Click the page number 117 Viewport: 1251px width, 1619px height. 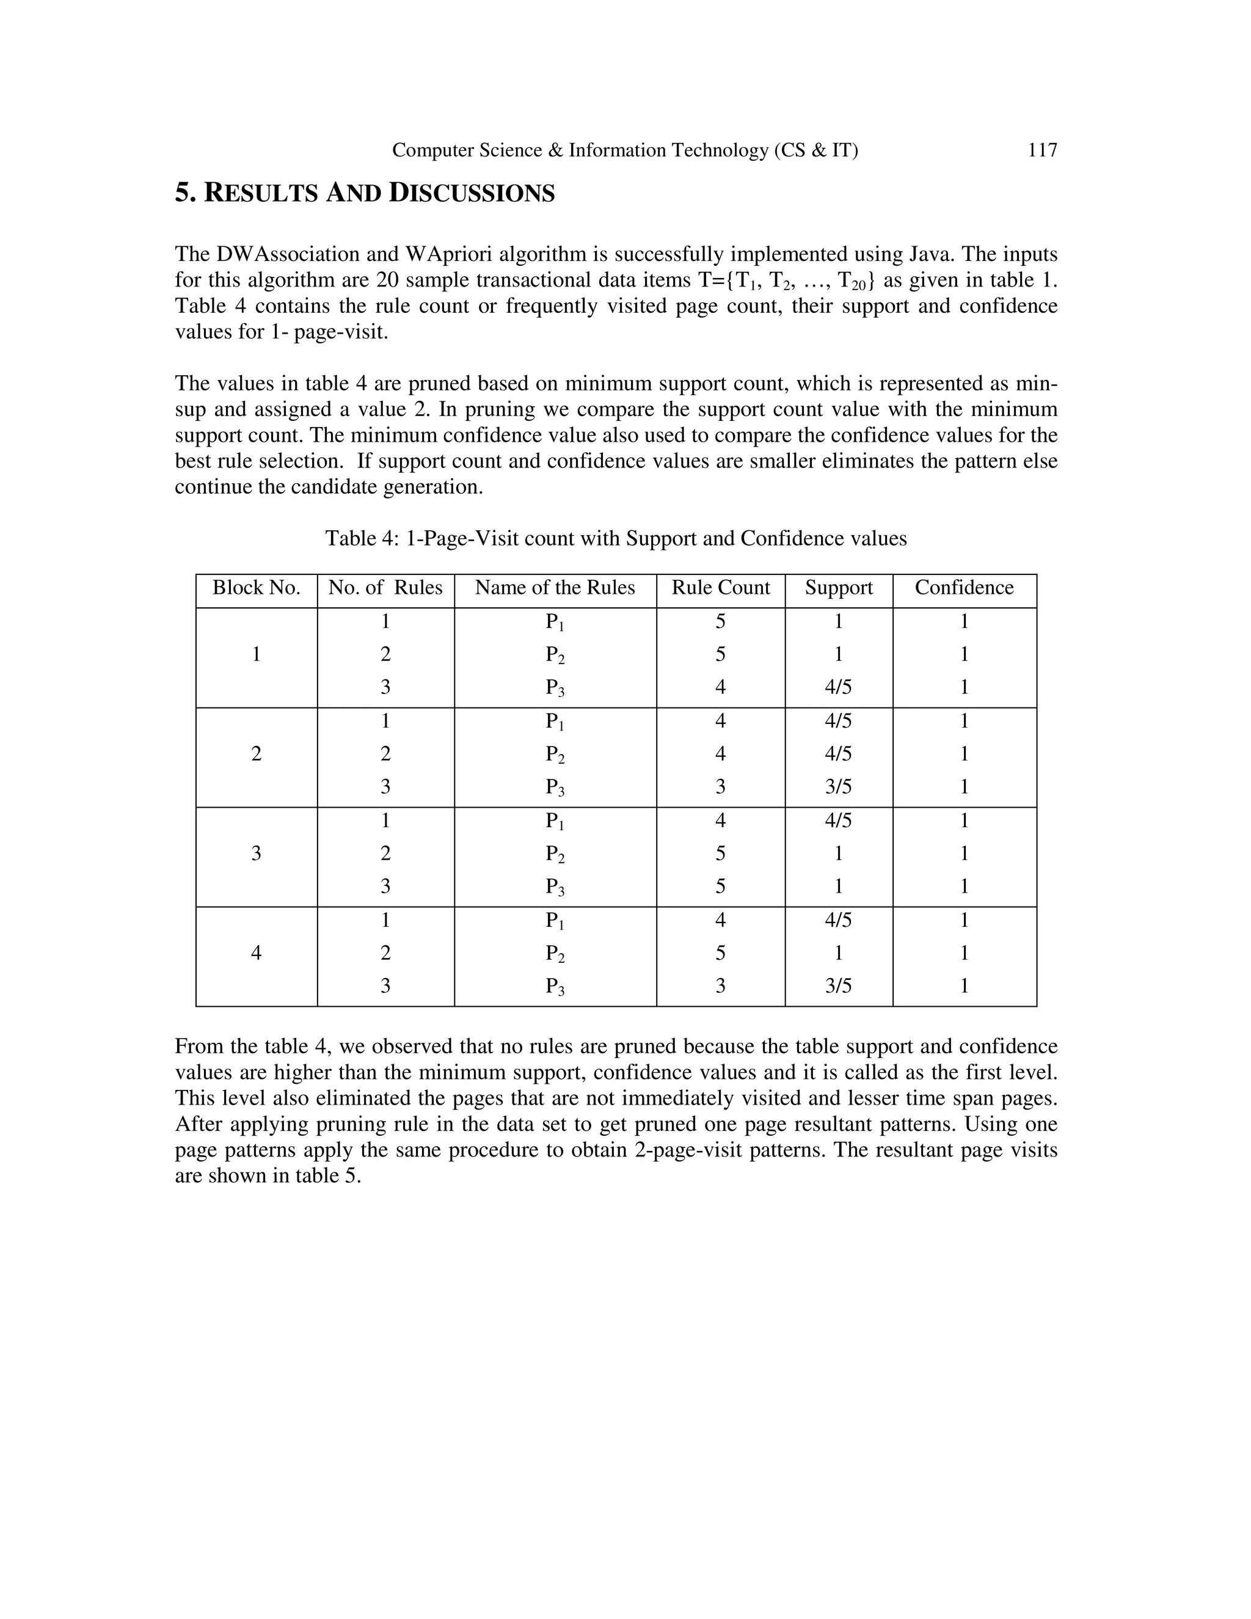click(x=1042, y=150)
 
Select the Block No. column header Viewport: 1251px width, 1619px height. click(x=257, y=588)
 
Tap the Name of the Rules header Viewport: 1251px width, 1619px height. click(x=555, y=588)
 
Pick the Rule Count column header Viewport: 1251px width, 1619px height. click(x=720, y=588)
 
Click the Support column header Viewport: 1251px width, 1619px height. click(x=839, y=588)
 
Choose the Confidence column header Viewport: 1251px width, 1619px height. click(x=963, y=588)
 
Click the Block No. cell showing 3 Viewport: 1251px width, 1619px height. click(x=257, y=853)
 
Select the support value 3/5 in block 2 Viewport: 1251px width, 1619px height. click(x=838, y=786)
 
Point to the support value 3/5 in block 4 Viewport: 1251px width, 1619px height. click(x=838, y=986)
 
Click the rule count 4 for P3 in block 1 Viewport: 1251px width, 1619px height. click(x=720, y=687)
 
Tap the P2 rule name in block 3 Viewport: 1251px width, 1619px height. click(x=555, y=854)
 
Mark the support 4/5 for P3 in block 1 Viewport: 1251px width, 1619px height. click(x=838, y=687)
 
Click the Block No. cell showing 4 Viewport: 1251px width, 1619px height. click(x=257, y=952)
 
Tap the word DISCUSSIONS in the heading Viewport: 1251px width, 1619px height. click(x=472, y=194)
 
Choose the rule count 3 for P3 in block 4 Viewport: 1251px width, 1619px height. click(x=720, y=986)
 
